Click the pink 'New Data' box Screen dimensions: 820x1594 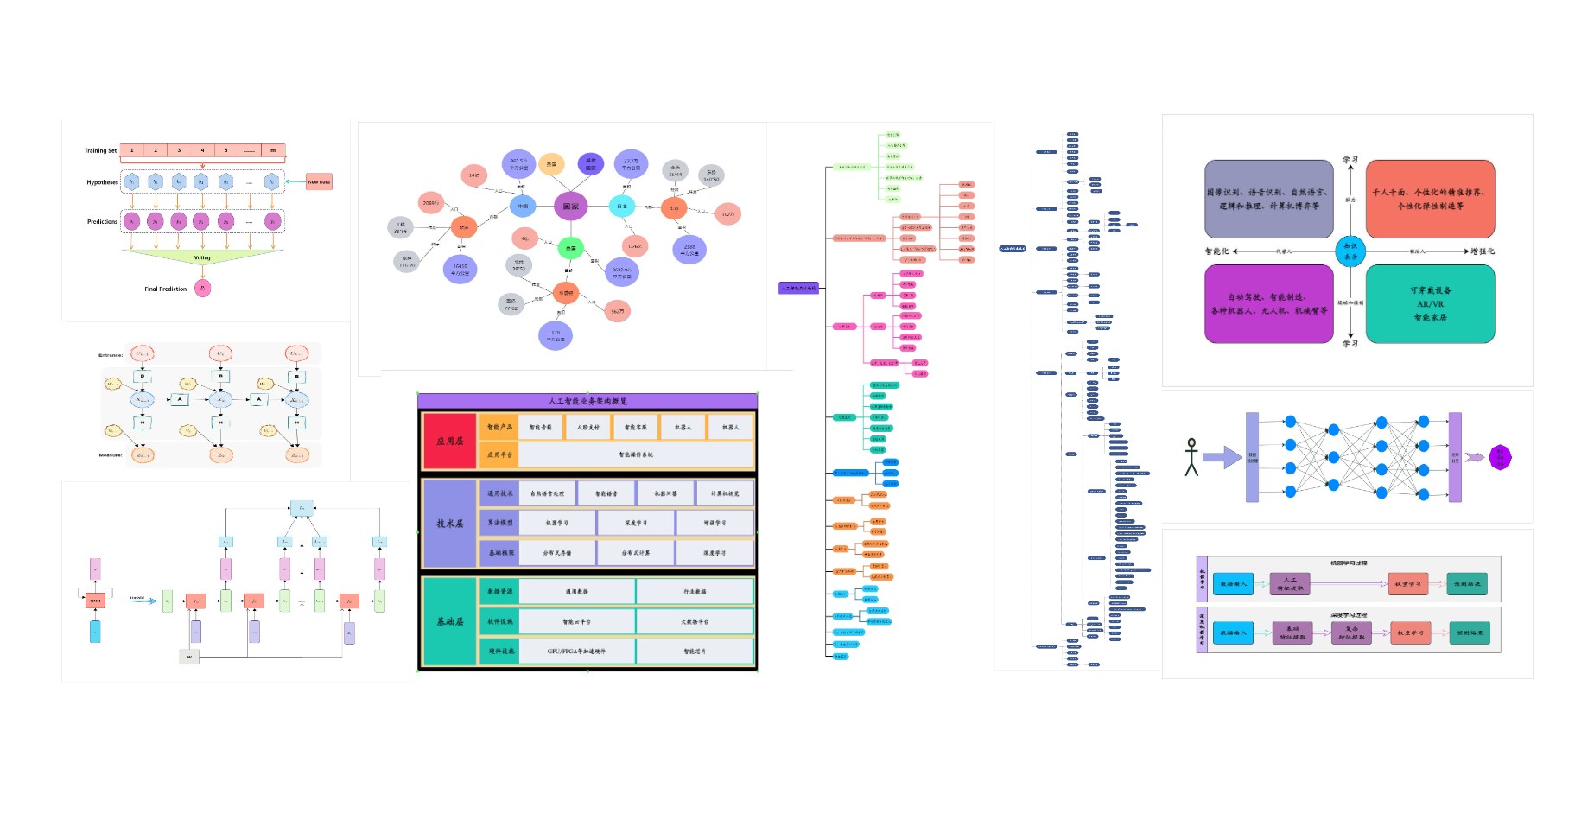click(x=319, y=181)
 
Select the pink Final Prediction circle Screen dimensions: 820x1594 click(x=203, y=289)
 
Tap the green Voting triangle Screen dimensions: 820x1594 click(x=202, y=257)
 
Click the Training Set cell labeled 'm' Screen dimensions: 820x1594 click(x=273, y=150)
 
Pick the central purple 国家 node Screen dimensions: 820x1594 click(x=571, y=207)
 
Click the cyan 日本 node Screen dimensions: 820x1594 click(x=622, y=207)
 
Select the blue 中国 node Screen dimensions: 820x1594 click(x=523, y=207)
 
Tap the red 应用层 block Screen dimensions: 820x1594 click(x=449, y=441)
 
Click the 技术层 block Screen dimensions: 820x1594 click(x=449, y=524)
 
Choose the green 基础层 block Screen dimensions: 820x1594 click(x=449, y=621)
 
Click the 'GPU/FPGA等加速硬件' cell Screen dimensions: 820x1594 click(x=576, y=652)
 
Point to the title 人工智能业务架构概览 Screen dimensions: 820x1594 click(x=587, y=401)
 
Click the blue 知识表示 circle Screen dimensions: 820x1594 click(x=1350, y=251)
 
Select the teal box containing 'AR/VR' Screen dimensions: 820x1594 click(x=1430, y=304)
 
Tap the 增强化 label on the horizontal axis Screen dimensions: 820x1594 click(x=1483, y=251)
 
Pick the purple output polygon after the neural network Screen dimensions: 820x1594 click(x=1501, y=457)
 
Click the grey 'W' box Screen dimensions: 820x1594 click(x=189, y=657)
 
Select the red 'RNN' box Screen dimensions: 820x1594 click(x=95, y=601)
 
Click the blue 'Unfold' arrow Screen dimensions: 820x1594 click(x=141, y=601)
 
